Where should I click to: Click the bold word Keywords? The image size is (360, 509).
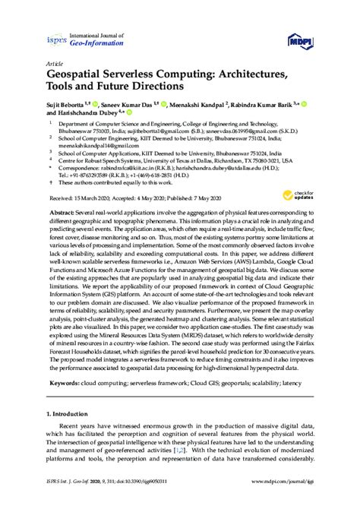pyautogui.click(x=63, y=384)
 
